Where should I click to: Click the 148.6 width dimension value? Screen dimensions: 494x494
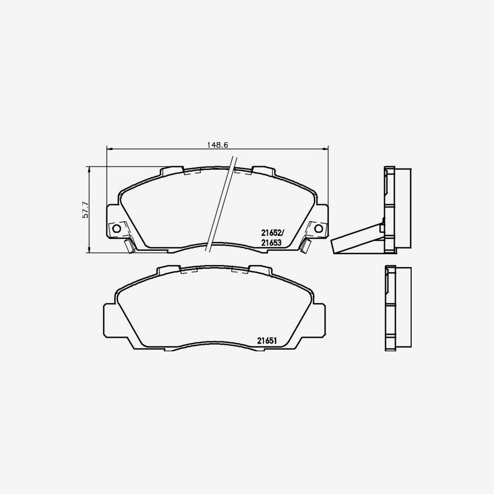click(x=217, y=145)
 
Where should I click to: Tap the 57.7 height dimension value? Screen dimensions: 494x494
click(x=85, y=210)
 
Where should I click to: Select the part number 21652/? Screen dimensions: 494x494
click(x=271, y=232)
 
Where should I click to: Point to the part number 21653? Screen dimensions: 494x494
click(x=271, y=242)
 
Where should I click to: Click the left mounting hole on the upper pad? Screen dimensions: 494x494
click(x=116, y=228)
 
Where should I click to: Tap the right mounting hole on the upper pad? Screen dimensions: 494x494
click(x=318, y=228)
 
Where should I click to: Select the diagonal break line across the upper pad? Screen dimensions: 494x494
click(x=221, y=203)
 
